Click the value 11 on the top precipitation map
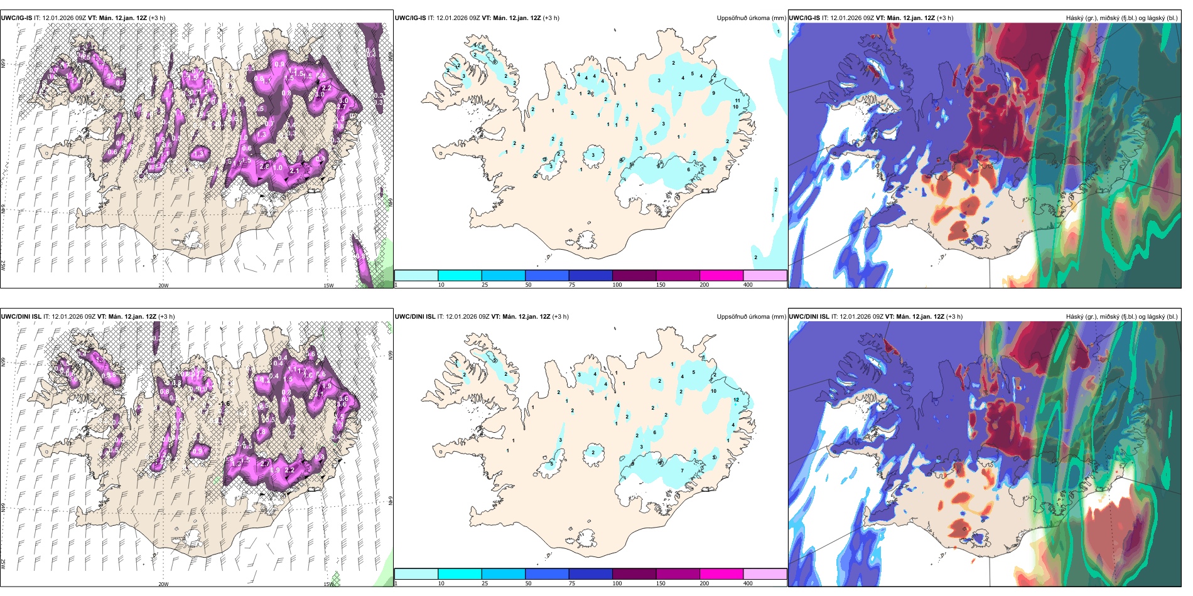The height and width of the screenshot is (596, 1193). [x=738, y=100]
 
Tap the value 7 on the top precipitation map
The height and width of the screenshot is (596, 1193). [x=617, y=105]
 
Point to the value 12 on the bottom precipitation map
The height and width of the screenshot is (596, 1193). [x=736, y=400]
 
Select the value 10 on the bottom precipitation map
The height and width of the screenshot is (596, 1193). [x=713, y=391]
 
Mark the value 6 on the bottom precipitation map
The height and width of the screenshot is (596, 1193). [x=654, y=432]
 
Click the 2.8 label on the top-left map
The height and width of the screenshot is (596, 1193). [x=264, y=167]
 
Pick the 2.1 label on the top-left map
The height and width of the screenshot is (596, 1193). [x=294, y=171]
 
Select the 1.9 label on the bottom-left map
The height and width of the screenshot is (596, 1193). [x=327, y=386]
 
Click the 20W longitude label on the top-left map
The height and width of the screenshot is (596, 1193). [x=163, y=285]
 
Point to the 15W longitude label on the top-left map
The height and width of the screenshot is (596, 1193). [x=328, y=285]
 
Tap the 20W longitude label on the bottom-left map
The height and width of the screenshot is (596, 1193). [x=163, y=584]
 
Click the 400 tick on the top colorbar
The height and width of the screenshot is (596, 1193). [x=748, y=285]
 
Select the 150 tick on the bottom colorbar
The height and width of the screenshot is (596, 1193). [x=661, y=583]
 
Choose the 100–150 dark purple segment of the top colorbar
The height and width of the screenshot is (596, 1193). [x=634, y=275]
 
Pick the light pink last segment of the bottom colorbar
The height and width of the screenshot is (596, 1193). [x=765, y=574]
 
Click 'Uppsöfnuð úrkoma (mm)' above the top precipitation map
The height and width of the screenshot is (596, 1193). [x=751, y=18]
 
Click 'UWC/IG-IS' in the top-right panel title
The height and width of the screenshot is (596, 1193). [x=804, y=18]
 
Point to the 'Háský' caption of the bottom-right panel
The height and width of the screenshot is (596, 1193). [x=1076, y=317]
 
